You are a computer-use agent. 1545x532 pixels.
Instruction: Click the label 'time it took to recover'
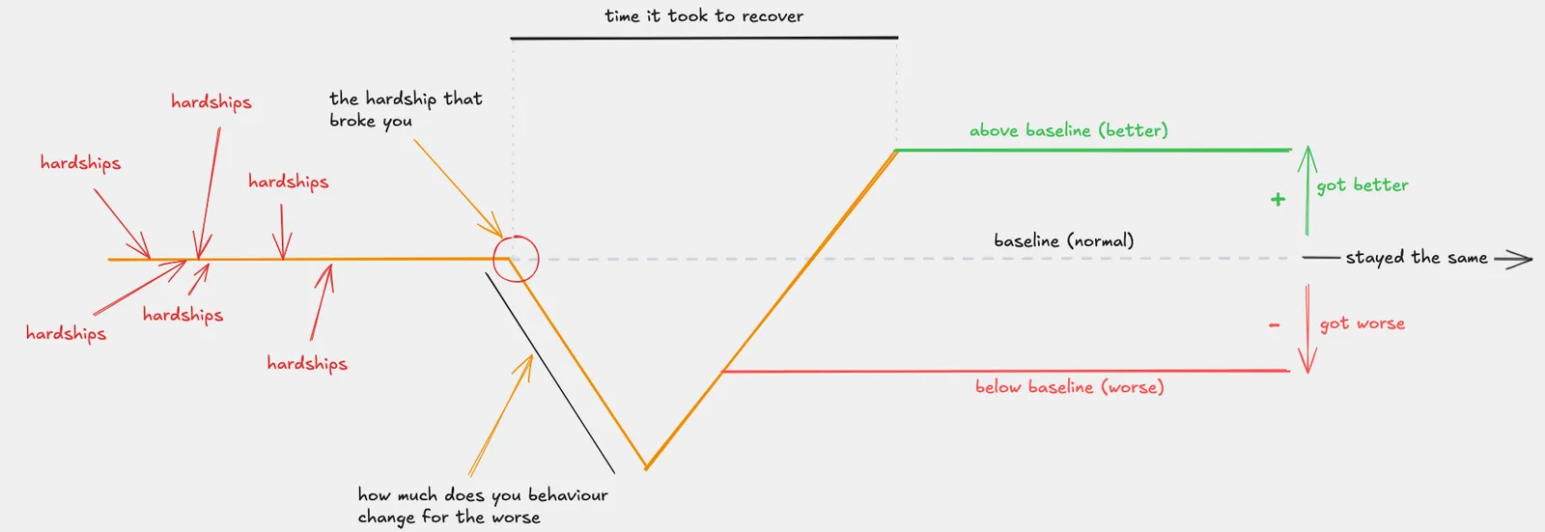[704, 16]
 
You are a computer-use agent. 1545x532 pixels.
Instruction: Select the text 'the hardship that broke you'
[405, 109]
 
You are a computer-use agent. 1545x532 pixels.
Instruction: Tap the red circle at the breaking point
[515, 259]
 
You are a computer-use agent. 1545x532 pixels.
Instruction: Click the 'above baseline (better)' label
[1068, 130]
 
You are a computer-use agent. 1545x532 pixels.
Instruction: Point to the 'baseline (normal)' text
[1063, 240]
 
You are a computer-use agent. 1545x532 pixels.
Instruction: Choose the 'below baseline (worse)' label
[1069, 387]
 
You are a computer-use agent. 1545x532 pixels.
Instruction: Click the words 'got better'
[1362, 185]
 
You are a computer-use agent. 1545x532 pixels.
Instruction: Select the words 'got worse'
[1362, 324]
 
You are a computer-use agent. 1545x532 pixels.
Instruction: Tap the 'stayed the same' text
[1416, 258]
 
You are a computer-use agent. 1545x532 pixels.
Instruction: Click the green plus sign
[1278, 200]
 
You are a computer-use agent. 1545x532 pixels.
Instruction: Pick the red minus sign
[1275, 325]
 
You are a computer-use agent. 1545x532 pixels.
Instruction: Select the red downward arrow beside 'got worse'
[1306, 328]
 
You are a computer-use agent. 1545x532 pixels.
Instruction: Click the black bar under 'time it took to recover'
[704, 38]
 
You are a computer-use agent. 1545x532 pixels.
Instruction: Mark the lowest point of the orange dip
[646, 468]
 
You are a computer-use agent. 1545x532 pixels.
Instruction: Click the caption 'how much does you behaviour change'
[482, 506]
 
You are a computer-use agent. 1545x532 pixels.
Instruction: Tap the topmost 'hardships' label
[211, 102]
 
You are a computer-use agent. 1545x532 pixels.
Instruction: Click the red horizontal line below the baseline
[1004, 371]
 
